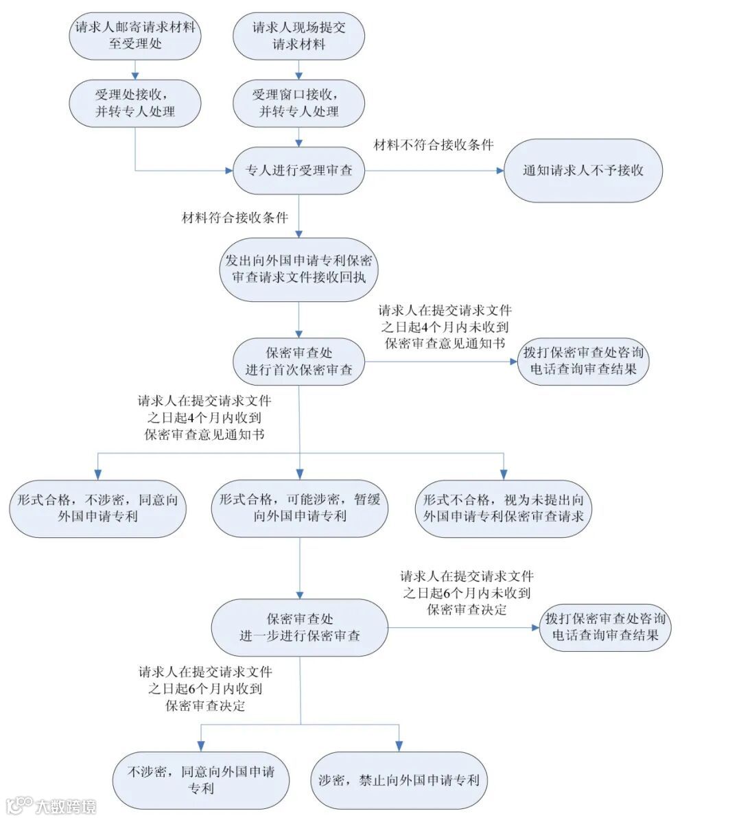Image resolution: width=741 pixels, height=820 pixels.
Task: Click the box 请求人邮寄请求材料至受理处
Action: [135, 36]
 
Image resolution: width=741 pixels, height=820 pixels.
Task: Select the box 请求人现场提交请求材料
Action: [298, 36]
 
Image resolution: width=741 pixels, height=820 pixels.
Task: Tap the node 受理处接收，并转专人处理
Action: [135, 103]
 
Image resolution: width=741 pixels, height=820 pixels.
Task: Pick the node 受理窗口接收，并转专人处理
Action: [298, 103]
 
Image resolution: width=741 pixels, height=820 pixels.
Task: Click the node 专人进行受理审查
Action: [298, 170]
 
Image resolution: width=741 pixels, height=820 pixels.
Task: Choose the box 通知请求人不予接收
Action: [583, 170]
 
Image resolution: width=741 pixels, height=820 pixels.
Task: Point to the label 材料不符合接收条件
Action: [434, 145]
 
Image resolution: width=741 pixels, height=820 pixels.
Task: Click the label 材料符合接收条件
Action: [235, 218]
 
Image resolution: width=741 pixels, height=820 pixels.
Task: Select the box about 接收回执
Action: [298, 269]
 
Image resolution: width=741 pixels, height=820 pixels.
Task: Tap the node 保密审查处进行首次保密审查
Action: [298, 361]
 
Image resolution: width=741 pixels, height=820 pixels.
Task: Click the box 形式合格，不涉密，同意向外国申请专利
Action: [97, 508]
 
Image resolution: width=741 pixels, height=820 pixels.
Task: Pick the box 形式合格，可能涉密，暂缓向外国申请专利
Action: [300, 508]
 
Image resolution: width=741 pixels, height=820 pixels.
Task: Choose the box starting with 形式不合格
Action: [503, 508]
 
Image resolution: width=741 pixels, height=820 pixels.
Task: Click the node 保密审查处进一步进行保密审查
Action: [300, 627]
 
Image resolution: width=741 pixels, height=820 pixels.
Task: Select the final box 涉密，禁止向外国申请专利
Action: [399, 780]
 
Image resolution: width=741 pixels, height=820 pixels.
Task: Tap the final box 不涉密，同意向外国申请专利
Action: [200, 780]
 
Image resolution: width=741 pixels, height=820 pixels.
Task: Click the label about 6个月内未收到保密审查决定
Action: [467, 593]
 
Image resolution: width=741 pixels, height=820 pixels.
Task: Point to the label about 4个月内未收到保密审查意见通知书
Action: [445, 327]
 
